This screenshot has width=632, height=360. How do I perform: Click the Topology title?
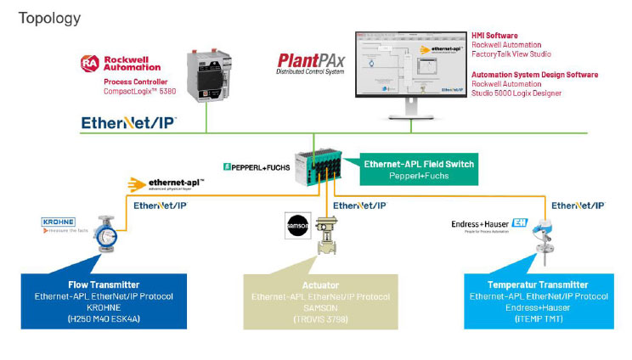(x=50, y=18)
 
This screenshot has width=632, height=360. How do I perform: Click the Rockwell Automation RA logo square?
(x=89, y=65)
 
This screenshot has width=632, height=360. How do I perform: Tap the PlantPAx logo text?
(x=310, y=62)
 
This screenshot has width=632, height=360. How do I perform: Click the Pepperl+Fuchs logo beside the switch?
(x=256, y=167)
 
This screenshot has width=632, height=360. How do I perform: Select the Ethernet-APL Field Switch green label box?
(x=409, y=169)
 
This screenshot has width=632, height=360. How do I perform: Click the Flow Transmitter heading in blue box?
(x=104, y=285)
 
